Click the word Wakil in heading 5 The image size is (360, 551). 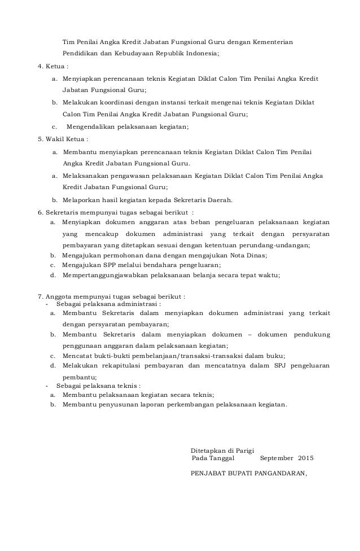tap(54, 139)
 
